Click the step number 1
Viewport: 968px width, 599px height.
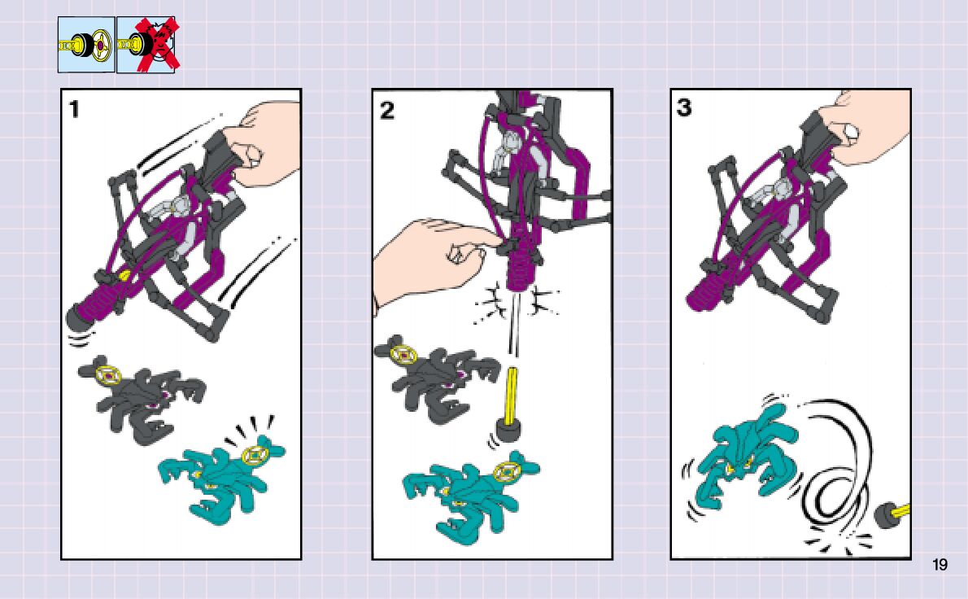point(74,109)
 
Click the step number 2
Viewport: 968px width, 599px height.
point(386,111)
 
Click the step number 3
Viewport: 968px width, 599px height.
point(684,107)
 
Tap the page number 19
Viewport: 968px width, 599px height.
point(940,565)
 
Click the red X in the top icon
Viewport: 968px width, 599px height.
point(158,43)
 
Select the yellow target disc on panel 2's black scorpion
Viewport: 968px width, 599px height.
point(403,354)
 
